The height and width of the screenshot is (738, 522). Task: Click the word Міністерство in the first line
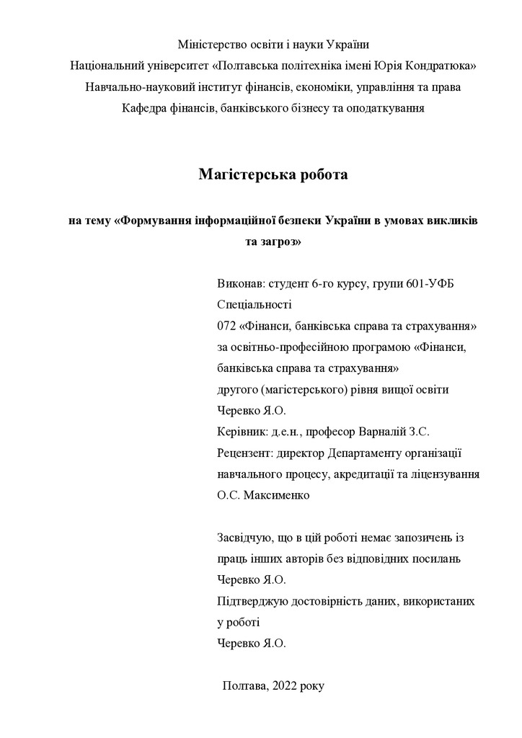point(210,44)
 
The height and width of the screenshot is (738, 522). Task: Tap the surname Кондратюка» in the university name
point(439,66)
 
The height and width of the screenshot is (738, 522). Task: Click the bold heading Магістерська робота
point(273,174)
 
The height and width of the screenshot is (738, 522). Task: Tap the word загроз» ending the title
point(273,242)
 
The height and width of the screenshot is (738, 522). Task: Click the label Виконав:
point(240,283)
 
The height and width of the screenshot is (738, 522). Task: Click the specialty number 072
point(226,326)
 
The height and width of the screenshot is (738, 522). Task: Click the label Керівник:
point(242,432)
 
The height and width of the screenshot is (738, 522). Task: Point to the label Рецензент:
point(246,453)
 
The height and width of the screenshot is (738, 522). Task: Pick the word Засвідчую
point(243,538)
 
